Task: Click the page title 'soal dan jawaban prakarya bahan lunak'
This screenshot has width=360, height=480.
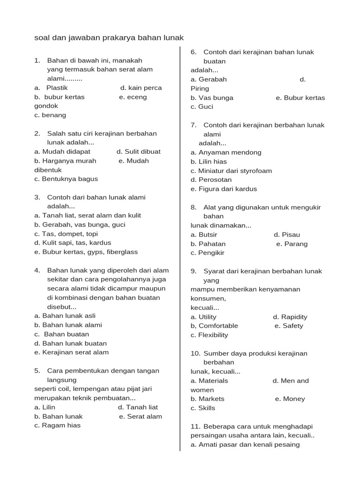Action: (109, 37)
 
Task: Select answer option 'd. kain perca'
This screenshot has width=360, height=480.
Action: (141, 88)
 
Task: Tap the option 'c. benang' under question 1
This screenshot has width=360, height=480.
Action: (50, 115)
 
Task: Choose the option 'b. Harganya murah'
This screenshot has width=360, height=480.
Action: (65, 161)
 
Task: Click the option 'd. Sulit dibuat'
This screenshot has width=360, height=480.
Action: (139, 151)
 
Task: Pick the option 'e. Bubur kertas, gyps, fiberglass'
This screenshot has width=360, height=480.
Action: (86, 252)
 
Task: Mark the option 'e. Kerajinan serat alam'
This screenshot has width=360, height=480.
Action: (71, 352)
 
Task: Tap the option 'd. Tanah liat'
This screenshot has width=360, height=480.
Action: (138, 407)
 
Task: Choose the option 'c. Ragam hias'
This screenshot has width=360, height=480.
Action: (57, 425)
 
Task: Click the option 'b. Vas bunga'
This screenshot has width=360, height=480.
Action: (212, 98)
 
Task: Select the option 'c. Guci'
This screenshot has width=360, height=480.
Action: (202, 106)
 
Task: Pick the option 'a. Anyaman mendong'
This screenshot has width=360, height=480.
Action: (226, 152)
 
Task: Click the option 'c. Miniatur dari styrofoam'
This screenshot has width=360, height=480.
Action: (231, 171)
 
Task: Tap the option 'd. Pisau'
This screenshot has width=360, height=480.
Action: (287, 234)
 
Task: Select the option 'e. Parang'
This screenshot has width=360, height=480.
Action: (292, 244)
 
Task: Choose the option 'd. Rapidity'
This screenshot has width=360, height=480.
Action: (290, 317)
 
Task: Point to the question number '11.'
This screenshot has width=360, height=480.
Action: (195, 426)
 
